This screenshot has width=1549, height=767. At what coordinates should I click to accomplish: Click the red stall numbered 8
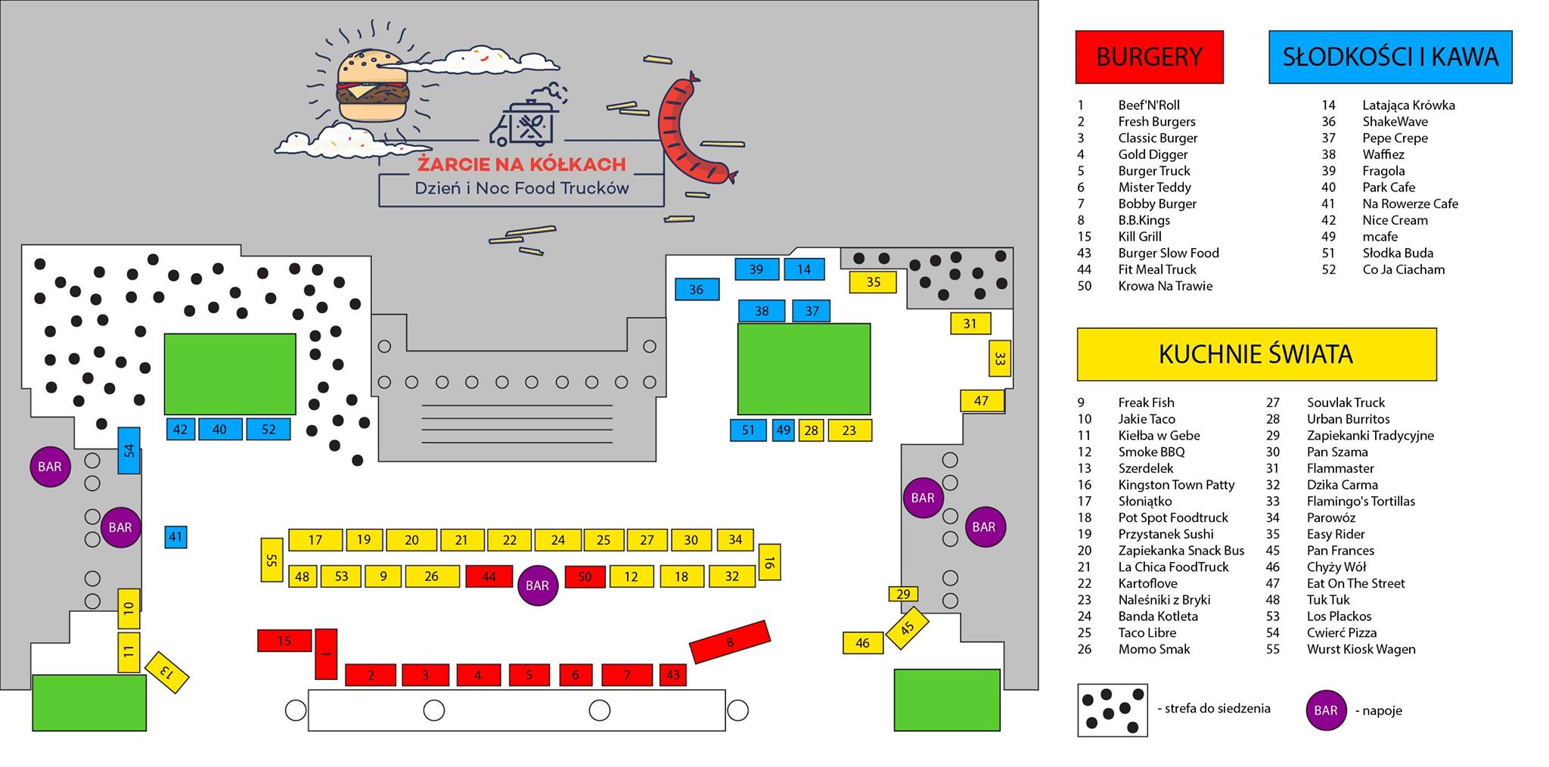[x=730, y=642]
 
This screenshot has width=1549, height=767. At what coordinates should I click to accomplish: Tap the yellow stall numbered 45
[x=907, y=628]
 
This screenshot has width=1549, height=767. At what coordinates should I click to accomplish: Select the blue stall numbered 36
[x=697, y=289]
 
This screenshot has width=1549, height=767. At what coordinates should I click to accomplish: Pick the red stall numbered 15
[x=284, y=641]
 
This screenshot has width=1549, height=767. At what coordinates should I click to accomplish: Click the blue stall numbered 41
[x=175, y=537]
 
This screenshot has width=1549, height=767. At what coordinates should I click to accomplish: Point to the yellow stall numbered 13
[x=166, y=672]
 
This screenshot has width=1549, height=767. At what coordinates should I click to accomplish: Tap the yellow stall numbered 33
[x=999, y=358]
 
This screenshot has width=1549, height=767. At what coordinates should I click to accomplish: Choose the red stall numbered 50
[x=585, y=576]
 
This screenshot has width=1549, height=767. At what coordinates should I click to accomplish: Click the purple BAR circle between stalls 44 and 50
[x=537, y=585]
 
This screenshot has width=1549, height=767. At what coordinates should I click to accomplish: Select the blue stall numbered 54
[x=129, y=451]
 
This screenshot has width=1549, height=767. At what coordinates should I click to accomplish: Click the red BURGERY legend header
[x=1149, y=57]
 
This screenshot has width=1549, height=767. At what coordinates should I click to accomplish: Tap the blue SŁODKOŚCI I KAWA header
[x=1390, y=57]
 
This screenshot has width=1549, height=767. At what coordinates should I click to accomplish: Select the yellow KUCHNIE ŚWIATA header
[x=1256, y=354]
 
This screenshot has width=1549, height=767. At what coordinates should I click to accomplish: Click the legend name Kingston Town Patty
[x=1176, y=485]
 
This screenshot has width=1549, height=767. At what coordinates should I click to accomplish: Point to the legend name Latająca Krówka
[x=1408, y=105]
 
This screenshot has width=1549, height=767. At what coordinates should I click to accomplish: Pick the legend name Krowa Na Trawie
[x=1165, y=286]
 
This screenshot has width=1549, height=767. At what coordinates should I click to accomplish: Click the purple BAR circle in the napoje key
[x=1326, y=710]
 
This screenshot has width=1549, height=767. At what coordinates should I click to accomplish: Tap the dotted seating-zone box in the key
[x=1113, y=710]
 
